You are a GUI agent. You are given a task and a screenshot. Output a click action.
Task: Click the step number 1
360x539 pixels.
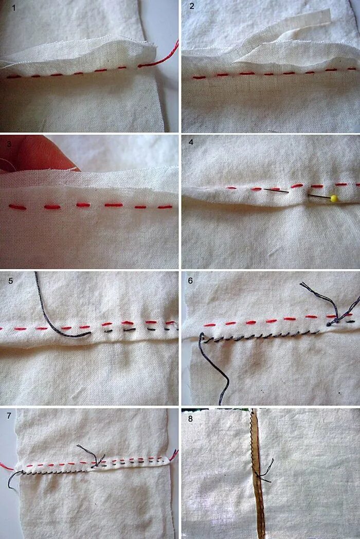[14, 8]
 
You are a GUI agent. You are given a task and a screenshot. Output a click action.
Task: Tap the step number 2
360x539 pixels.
[192, 6]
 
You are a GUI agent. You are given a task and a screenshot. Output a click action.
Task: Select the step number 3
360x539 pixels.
[9, 144]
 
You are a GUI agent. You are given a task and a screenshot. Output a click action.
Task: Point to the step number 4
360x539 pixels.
[191, 142]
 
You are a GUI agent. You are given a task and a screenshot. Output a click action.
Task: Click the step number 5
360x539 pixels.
[11, 281]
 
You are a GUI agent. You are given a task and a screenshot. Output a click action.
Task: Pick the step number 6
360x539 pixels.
[190, 281]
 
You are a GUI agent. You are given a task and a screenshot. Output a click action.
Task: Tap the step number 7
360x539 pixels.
[9, 416]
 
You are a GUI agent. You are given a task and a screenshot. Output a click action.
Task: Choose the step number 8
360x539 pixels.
[190, 419]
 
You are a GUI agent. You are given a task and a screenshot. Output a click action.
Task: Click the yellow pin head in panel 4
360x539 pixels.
[333, 198]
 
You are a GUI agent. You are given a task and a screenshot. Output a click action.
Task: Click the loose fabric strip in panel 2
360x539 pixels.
[282, 38]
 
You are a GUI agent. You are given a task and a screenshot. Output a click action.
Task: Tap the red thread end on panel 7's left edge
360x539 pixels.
[6, 467]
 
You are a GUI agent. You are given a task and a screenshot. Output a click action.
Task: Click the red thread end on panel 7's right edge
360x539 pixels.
[174, 455]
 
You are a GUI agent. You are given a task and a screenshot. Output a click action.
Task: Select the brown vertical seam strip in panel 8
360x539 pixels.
[259, 474]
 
